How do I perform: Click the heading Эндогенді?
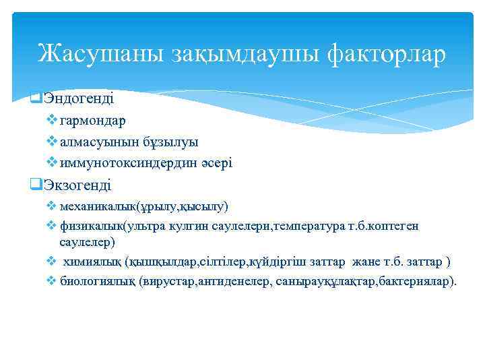[79, 98]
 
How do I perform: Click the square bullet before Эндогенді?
[37, 98]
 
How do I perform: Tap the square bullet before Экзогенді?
[37, 185]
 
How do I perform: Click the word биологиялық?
[97, 281]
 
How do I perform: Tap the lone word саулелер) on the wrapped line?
[87, 241]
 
